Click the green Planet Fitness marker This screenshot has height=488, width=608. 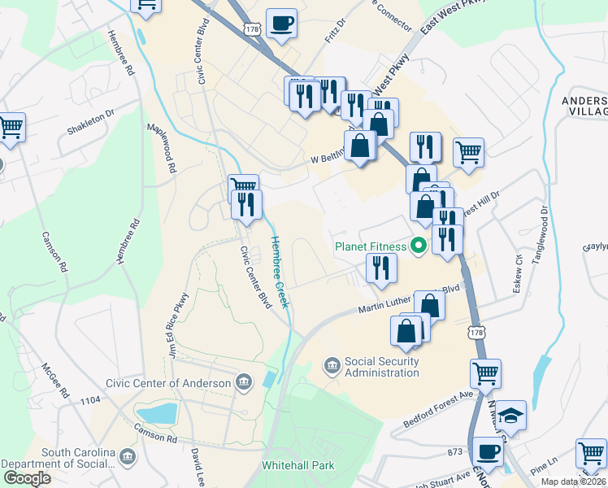(x=419, y=245)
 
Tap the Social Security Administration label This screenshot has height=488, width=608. (x=381, y=367)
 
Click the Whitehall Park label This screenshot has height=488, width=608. (x=297, y=467)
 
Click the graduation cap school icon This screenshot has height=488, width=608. (x=511, y=416)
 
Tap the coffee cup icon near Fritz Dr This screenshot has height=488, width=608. (x=282, y=24)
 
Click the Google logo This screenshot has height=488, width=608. (x=28, y=478)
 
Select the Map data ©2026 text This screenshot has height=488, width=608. (x=573, y=481)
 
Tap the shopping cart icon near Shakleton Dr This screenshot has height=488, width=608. (x=11, y=127)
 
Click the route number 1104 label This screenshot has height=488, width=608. (x=90, y=399)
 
